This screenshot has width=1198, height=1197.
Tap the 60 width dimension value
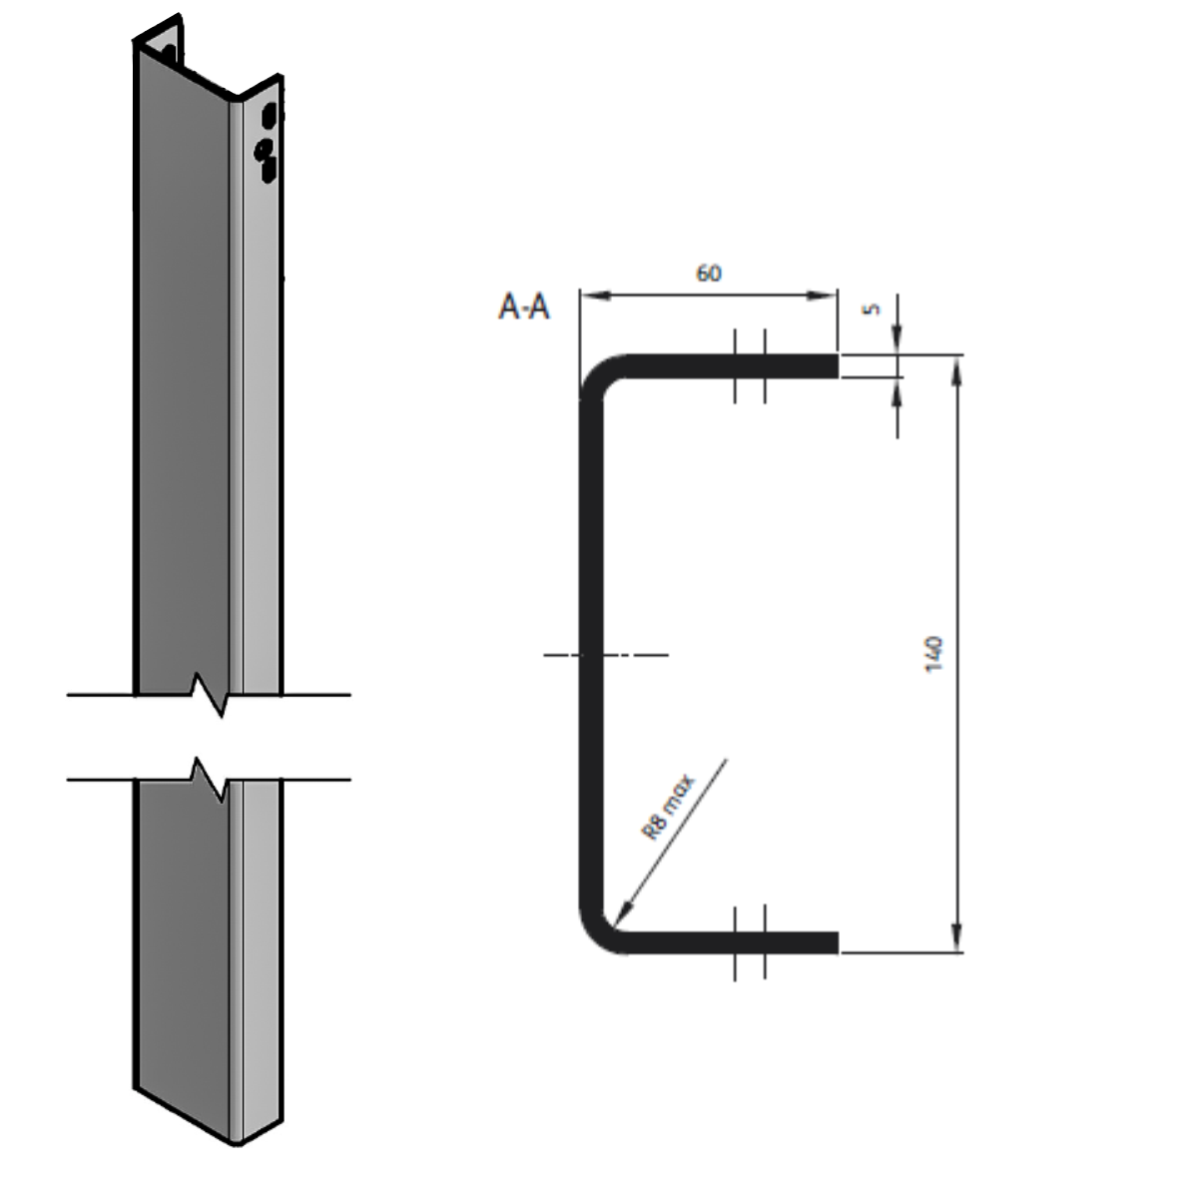(708, 273)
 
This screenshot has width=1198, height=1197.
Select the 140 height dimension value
(935, 654)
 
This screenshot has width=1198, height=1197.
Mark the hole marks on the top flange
(750, 366)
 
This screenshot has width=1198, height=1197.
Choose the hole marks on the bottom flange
(750, 941)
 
